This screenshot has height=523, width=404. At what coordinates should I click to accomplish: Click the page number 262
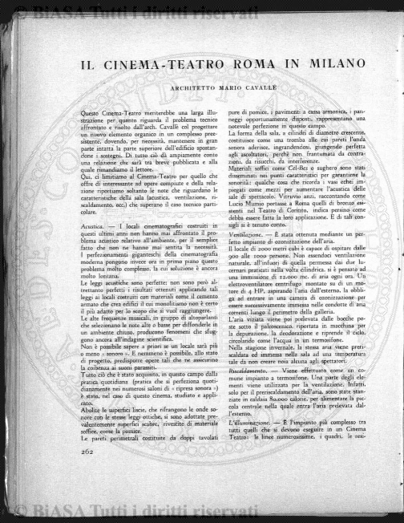(x=88, y=473)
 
